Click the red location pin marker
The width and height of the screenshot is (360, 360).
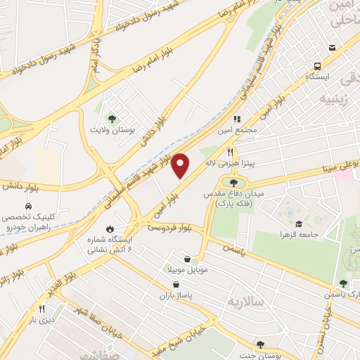click(x=181, y=165)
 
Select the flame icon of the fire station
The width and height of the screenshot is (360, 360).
click(x=110, y=229)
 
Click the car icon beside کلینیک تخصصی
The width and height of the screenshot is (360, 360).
click(x=27, y=207)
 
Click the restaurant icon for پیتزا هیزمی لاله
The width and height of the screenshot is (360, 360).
click(x=229, y=151)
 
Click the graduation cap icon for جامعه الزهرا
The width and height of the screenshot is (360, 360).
click(x=298, y=224)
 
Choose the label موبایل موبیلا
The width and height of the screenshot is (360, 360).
click(x=184, y=269)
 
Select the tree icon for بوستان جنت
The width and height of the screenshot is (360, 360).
click(x=260, y=345)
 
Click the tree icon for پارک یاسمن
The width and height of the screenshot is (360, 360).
click(x=343, y=283)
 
